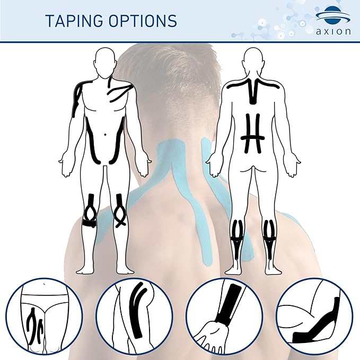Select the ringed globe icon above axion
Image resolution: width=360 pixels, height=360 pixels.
point(332,15)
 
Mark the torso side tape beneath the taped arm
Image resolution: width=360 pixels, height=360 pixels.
point(91,141)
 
